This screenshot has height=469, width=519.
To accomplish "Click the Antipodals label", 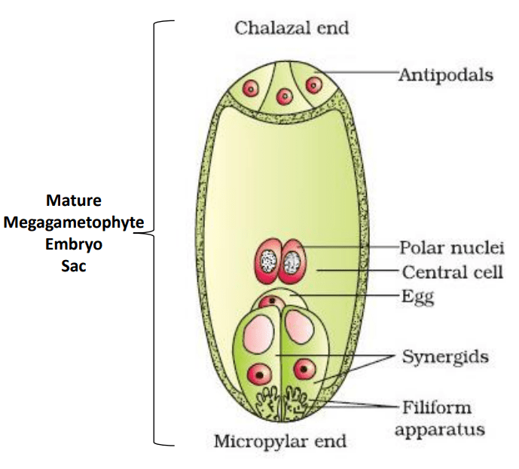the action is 446,75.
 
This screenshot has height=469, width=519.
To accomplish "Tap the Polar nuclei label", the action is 452,248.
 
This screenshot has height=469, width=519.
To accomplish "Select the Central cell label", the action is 453,272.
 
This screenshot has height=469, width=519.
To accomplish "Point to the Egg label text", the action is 417,297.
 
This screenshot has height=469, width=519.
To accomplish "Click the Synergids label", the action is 445,357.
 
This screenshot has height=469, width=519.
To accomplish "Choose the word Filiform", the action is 437,407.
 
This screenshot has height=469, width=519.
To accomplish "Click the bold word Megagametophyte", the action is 74,222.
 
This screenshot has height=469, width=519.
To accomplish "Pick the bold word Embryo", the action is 74,244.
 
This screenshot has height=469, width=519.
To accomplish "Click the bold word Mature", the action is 74,201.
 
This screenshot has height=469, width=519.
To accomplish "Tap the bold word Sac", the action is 74,266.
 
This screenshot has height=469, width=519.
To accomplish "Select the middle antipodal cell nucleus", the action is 284,97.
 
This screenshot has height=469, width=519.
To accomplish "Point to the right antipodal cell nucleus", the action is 314,85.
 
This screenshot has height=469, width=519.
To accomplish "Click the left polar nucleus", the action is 267,262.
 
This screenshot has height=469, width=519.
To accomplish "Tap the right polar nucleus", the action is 292,262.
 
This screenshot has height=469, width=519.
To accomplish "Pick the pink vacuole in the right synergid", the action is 299,327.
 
